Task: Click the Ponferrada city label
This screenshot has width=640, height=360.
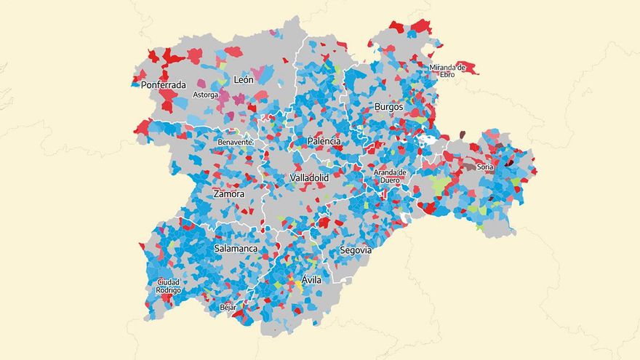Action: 164,84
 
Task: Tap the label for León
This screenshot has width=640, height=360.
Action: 243,79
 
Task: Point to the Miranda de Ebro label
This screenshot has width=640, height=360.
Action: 447,71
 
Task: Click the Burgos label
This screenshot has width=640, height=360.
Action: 388,107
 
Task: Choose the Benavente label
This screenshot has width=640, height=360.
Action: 235,142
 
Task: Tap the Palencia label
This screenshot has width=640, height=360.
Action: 324,140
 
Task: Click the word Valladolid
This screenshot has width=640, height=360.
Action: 309,177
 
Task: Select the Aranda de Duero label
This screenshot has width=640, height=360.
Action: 390,176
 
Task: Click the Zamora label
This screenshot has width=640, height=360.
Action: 228,194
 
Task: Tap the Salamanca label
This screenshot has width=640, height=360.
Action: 236,249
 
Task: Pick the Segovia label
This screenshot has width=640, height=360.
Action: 355,249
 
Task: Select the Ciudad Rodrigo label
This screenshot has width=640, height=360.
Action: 169,286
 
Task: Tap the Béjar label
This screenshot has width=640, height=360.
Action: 228,308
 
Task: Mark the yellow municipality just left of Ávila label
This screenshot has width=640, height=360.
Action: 297,284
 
